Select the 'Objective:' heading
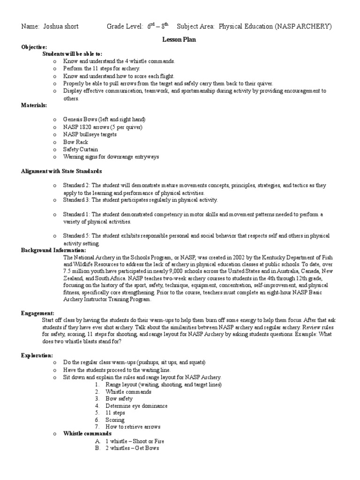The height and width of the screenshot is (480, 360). click(x=34, y=47)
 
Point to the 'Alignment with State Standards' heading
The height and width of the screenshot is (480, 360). click(x=61, y=171)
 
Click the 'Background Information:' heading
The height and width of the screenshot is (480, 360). click(x=53, y=250)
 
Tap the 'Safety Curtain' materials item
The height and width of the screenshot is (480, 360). click(x=81, y=149)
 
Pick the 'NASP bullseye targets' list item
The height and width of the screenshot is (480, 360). click(x=90, y=135)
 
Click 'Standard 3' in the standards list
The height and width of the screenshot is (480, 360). click(x=77, y=200)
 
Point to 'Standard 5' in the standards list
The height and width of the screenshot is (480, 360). click(x=77, y=236)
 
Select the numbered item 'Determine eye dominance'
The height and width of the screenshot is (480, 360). click(x=136, y=405)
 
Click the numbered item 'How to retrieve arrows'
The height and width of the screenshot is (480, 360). click(x=133, y=427)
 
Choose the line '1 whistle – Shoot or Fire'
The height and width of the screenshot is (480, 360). click(x=135, y=441)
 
